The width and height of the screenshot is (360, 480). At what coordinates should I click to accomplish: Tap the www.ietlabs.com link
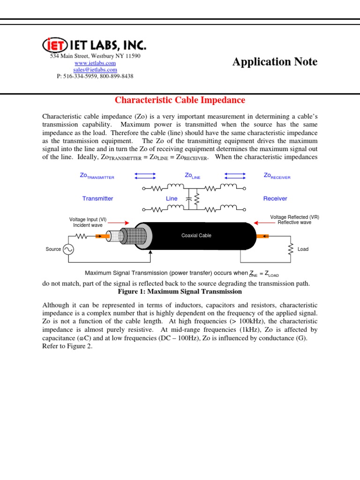pos(95,63)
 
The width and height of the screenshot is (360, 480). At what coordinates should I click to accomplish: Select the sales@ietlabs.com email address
pos(95,69)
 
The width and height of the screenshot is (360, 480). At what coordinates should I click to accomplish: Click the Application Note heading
pos(275,61)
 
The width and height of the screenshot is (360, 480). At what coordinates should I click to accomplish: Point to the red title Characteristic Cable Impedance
pos(180,100)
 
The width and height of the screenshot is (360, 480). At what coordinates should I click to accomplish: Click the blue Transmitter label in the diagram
pos(97,198)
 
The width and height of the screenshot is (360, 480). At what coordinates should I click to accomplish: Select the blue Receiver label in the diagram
pos(275,198)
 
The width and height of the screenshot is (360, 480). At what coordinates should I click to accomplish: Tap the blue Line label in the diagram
pos(172,198)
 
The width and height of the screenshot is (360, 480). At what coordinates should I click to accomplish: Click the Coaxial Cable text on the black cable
pos(196,235)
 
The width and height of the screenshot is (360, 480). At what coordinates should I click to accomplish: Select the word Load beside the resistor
pos(303,249)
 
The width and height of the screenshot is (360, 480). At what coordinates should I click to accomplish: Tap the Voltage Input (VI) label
pos(88,219)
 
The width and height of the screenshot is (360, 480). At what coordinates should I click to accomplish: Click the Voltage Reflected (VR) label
pos(295,217)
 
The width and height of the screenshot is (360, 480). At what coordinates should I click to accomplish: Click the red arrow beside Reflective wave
pos(262,223)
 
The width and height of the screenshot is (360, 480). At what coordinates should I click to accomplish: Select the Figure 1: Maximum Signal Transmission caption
pos(180,292)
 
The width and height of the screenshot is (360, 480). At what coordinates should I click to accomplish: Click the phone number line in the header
pos(95,76)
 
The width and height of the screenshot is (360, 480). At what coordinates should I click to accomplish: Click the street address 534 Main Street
pos(95,56)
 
